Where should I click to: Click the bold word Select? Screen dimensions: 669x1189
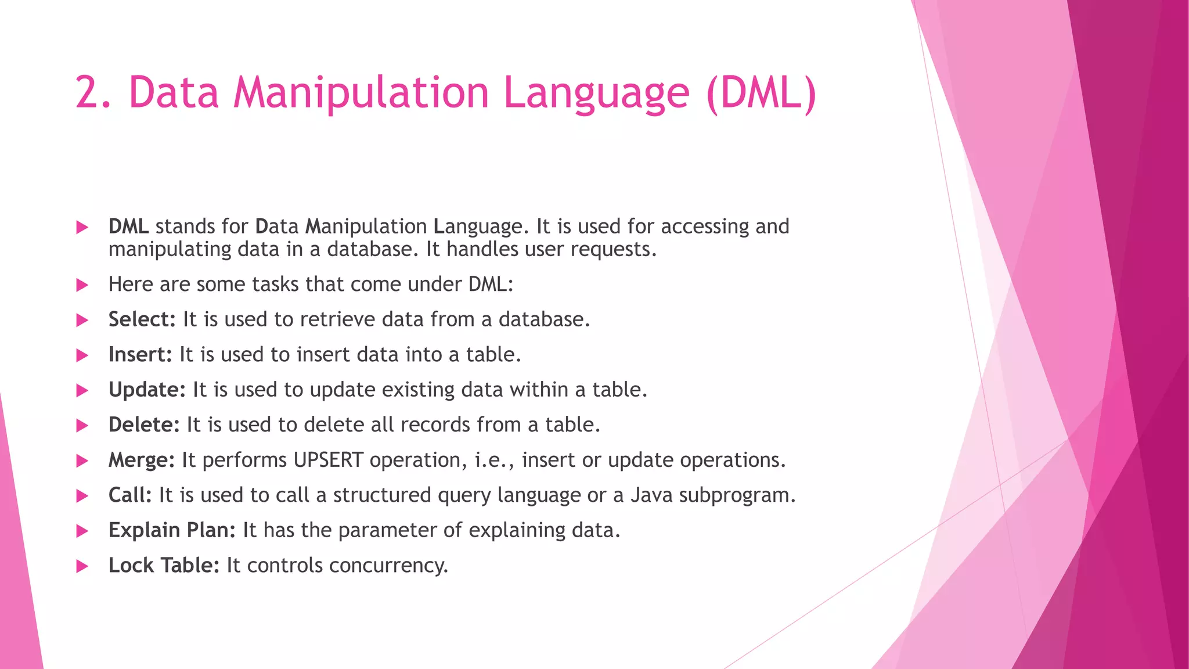(142, 320)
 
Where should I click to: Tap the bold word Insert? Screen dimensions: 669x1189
(140, 355)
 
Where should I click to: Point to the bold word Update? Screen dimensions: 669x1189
(147, 390)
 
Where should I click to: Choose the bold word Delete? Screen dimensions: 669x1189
(144, 425)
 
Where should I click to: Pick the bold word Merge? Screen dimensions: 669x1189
(141, 461)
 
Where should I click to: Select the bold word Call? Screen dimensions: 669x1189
(130, 495)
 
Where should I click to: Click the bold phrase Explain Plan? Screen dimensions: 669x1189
(172, 531)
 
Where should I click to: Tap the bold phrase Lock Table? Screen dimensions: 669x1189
(164, 566)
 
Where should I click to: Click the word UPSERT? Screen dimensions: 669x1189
(328, 461)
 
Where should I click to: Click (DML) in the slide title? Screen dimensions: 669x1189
(761, 93)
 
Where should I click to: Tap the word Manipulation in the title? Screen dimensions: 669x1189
(361, 93)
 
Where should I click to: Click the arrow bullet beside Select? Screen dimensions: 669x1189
(82, 321)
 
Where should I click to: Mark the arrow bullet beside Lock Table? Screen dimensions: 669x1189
(82, 566)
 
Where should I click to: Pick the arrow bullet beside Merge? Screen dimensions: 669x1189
(82, 461)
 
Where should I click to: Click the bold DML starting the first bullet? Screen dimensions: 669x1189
(128, 226)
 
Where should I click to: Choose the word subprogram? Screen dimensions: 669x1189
(736, 496)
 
